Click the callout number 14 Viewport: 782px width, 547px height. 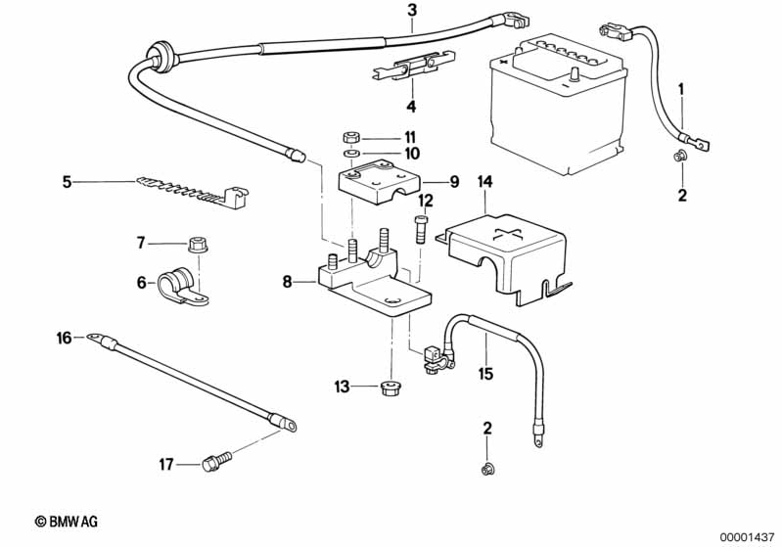(486, 182)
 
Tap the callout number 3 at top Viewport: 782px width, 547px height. (412, 11)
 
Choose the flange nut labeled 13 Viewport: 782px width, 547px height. (389, 387)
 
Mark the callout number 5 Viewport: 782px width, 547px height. (67, 181)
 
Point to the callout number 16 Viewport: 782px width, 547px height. (65, 339)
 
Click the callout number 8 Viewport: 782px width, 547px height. (287, 282)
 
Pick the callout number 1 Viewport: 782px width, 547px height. (682, 89)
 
